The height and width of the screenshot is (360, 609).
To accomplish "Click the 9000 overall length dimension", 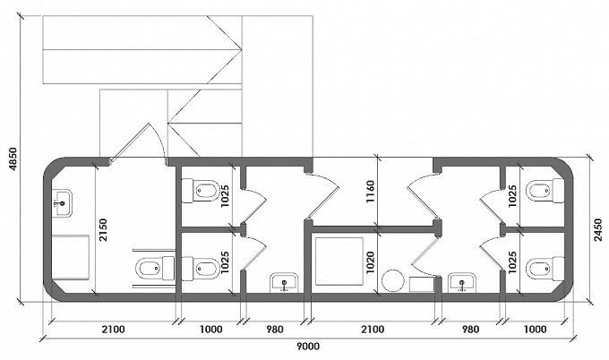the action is (x=308, y=347).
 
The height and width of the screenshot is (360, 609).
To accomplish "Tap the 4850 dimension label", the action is (x=13, y=159).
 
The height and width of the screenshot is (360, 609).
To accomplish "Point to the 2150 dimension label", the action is (x=103, y=230).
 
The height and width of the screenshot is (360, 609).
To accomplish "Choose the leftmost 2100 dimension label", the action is (x=114, y=330).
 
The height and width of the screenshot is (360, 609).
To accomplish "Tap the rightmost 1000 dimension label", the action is (x=536, y=330).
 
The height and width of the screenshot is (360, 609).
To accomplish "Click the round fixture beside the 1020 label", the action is (x=392, y=281).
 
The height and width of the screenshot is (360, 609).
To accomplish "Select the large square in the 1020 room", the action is (x=339, y=261).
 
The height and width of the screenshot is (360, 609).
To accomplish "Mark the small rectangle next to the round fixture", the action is (x=422, y=284).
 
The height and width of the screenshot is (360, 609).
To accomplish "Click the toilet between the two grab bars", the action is (x=155, y=269).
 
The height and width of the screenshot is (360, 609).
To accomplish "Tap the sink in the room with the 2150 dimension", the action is (x=62, y=202).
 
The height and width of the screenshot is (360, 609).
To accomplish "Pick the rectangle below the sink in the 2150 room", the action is (x=71, y=257).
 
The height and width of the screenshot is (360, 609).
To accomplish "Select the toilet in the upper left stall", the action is (x=201, y=191).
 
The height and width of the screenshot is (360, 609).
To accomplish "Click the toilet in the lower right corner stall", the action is (x=545, y=269).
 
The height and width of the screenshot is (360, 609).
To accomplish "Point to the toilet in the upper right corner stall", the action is (x=545, y=191).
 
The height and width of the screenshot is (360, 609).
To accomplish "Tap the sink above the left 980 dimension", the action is (x=284, y=282).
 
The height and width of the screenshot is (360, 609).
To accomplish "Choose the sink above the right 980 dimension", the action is (x=462, y=282).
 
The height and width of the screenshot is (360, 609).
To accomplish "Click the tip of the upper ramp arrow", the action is (x=242, y=50).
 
